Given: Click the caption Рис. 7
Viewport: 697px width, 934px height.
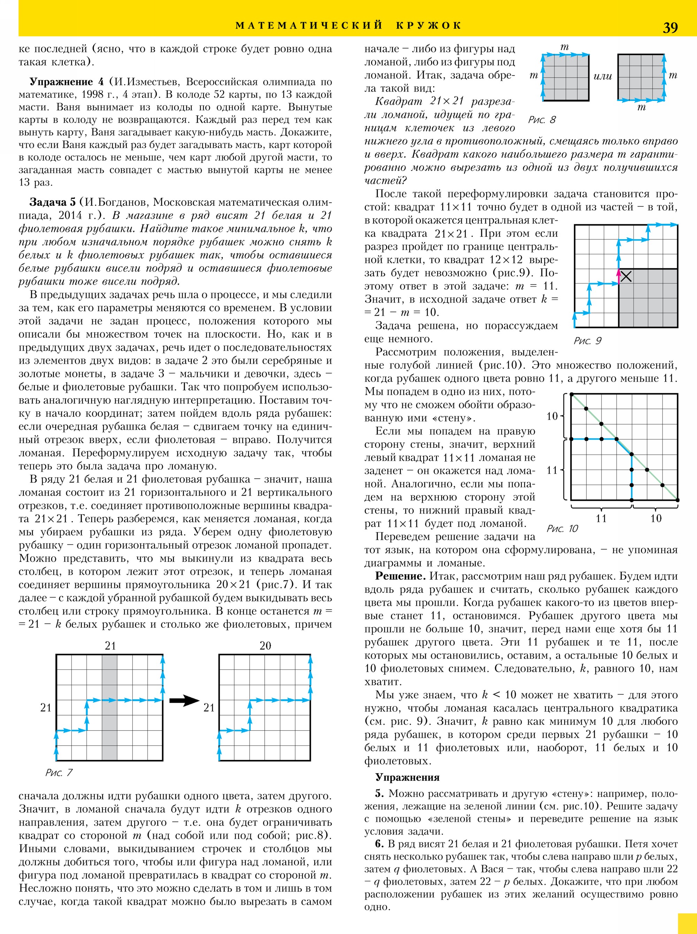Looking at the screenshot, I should tap(59, 772).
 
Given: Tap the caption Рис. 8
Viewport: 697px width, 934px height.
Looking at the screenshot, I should tap(542, 120).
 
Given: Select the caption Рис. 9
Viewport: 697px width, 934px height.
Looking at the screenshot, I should tap(587, 340).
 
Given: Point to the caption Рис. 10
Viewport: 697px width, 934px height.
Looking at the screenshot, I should tap(562, 528).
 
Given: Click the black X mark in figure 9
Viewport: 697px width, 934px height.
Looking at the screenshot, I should tap(626, 276).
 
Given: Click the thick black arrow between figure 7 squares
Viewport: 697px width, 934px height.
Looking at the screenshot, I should tap(184, 701).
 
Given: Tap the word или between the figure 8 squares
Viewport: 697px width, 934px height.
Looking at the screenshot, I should tap(603, 76).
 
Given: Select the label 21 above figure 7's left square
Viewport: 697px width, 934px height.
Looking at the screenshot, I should tap(110, 646).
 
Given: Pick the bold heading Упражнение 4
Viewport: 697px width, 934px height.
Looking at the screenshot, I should tap(66, 82).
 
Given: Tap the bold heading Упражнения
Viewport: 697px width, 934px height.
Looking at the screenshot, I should tap(407, 778).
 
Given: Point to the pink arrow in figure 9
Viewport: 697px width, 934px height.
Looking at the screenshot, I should tap(619, 276).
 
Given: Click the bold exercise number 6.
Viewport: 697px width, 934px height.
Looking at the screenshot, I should tap(379, 844).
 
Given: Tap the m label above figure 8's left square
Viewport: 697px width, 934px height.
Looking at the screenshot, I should tap(565, 47).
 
